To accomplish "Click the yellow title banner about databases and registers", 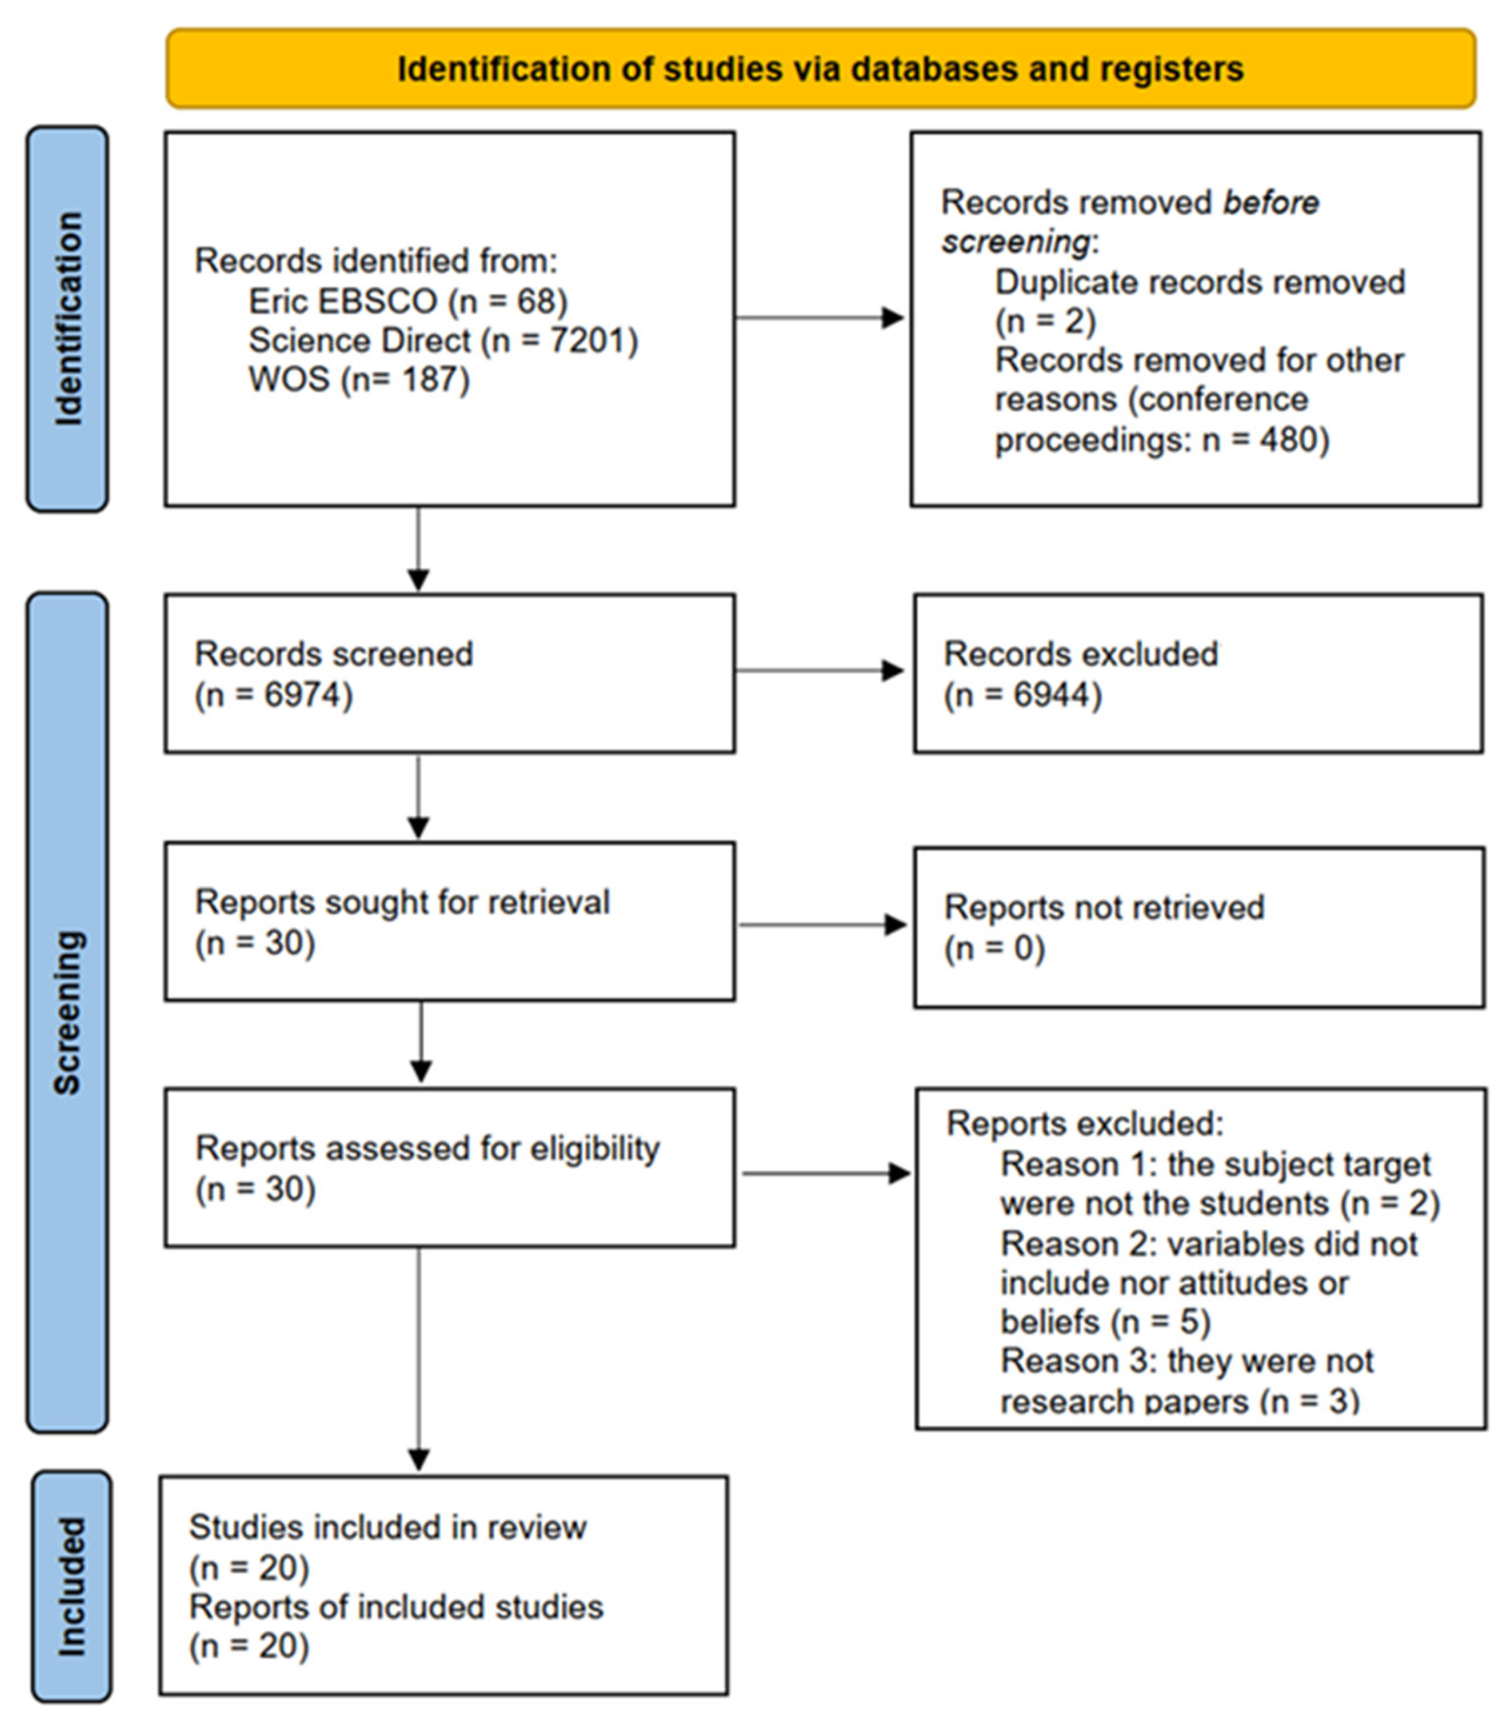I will [820, 69].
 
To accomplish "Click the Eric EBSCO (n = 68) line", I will [408, 301].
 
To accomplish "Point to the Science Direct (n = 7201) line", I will [443, 340].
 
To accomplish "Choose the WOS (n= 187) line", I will [358, 379].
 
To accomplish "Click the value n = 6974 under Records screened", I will [274, 695].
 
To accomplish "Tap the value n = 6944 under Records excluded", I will [1022, 695].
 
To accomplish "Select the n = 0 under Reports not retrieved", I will [995, 949].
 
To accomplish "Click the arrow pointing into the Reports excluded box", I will [826, 1173].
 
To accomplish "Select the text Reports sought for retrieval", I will [402, 902].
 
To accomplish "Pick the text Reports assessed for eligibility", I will [427, 1148].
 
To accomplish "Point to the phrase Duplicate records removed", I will [1200, 282].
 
